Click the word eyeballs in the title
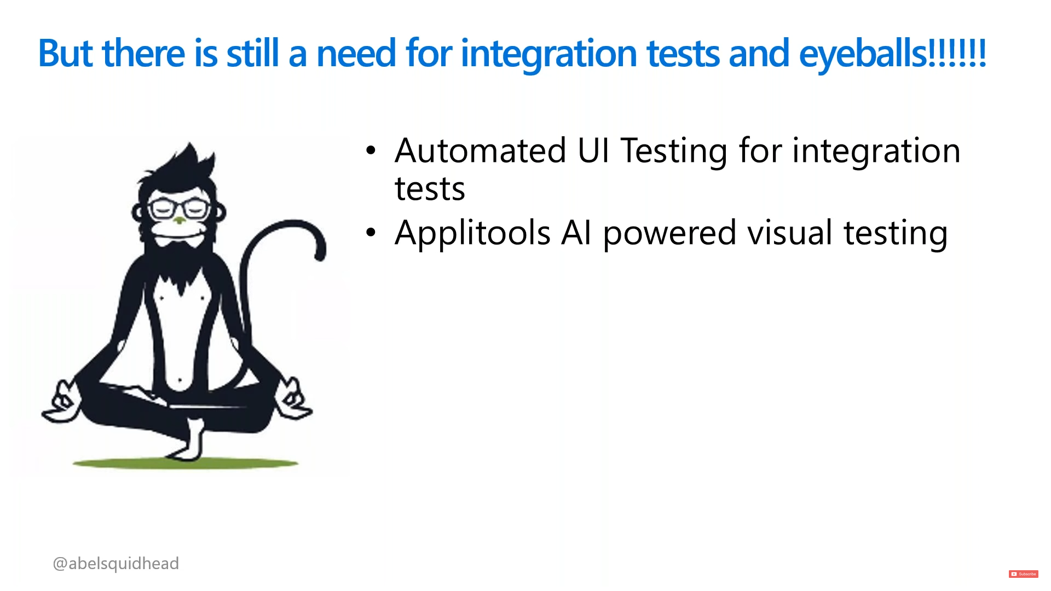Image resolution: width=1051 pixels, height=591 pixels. pos(863,54)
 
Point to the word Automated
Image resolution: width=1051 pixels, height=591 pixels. pos(481,150)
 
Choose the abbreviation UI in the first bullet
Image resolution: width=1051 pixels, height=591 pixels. pos(593,150)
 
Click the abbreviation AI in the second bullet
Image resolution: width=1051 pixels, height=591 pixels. pos(576,233)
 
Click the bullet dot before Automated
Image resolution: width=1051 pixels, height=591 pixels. pos(371,150)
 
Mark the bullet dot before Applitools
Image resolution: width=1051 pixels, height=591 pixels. pos(371,233)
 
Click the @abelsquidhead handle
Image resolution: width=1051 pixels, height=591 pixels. pos(116,564)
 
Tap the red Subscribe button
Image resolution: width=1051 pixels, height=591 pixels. pos(1023,574)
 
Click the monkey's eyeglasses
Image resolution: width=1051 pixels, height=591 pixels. pos(180,208)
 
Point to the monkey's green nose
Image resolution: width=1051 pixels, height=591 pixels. pos(179,220)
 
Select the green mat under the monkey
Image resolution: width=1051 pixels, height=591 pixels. pos(186,463)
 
